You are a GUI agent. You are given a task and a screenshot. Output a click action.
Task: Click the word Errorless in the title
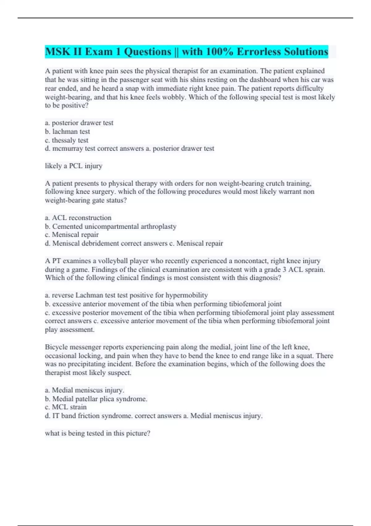(x=258, y=52)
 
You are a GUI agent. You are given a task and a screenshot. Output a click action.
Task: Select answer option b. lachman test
(x=67, y=131)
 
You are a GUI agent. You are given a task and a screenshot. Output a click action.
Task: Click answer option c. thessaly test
(x=66, y=140)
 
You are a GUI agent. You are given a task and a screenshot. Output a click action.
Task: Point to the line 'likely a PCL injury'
(x=74, y=166)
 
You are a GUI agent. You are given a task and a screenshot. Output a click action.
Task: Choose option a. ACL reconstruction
(x=78, y=218)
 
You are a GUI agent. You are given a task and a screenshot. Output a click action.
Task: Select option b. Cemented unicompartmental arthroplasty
(x=111, y=226)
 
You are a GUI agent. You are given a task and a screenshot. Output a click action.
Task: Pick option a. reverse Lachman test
(x=126, y=295)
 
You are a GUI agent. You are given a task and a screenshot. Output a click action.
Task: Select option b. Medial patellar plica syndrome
(x=96, y=399)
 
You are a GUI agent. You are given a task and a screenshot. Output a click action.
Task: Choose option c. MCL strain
(x=66, y=407)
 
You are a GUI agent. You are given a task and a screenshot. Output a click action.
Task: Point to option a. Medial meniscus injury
(x=84, y=390)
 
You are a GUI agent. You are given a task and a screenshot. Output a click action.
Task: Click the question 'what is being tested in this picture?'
(x=98, y=433)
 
